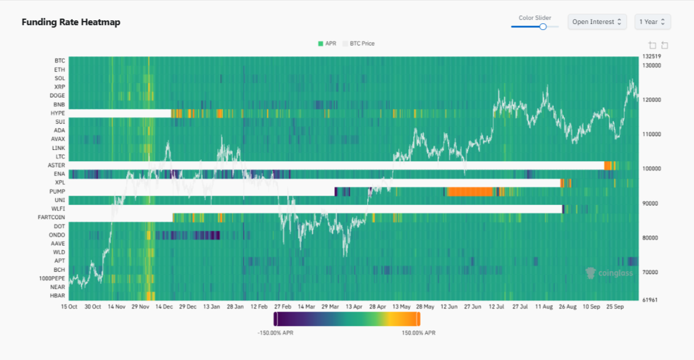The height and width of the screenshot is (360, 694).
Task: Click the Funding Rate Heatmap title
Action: tap(71, 22)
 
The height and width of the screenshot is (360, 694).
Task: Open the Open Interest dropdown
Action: tap(597, 22)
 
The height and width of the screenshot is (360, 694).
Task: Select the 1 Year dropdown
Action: tap(652, 22)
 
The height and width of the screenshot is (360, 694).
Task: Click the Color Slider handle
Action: tap(543, 26)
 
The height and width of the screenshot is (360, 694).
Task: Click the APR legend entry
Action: tap(327, 44)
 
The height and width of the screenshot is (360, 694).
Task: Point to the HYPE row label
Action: tap(58, 113)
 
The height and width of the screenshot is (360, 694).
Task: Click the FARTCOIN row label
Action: tap(51, 217)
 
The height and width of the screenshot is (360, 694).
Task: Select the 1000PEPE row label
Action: tap(52, 278)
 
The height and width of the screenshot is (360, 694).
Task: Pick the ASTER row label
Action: tap(57, 165)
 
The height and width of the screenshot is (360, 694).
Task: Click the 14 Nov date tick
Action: tap(116, 306)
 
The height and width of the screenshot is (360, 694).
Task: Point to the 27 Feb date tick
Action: tap(283, 306)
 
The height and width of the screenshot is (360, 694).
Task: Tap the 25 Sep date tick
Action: tap(615, 306)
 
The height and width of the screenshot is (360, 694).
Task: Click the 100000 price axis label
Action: tap(651, 169)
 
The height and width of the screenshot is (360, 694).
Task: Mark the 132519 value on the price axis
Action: tap(651, 56)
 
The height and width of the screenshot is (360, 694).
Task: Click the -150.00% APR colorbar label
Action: tap(275, 333)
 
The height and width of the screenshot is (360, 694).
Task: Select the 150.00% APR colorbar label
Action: tap(418, 333)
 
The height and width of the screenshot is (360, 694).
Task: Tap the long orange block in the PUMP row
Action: tap(470, 192)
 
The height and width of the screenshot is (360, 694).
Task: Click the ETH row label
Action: tap(60, 69)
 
